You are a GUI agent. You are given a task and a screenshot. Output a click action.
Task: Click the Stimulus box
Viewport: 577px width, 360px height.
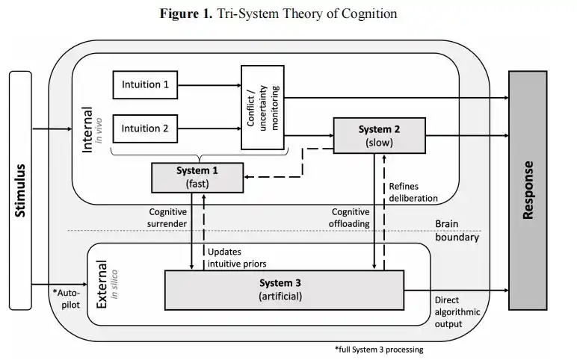tap(20, 190)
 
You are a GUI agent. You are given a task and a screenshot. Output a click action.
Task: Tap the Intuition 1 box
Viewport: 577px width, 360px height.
tap(145, 84)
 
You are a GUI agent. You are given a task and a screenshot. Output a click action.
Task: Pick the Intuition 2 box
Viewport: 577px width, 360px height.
tap(145, 128)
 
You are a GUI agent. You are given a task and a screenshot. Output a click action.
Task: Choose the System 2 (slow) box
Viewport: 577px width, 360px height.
tap(379, 135)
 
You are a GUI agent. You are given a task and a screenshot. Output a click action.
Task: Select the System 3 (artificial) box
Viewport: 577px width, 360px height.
tap(283, 289)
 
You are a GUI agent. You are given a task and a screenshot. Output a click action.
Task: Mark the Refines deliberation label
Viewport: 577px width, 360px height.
tap(413, 192)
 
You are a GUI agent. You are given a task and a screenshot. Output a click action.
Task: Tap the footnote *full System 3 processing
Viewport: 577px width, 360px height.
tap(379, 349)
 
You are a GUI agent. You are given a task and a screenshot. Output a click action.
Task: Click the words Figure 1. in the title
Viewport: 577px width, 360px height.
tap(185, 14)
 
